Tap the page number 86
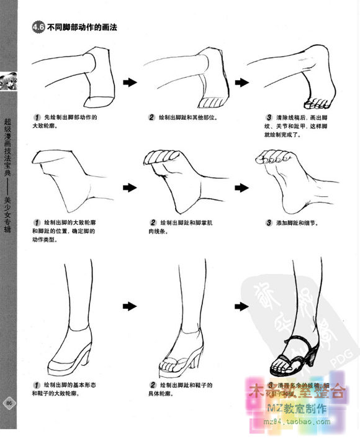pyautogui.click(x=9, y=403)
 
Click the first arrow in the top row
pyautogui.click(x=129, y=82)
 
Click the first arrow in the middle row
pyautogui.click(x=129, y=186)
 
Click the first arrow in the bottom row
pyautogui.click(x=129, y=306)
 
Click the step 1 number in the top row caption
pyautogui.click(x=38, y=117)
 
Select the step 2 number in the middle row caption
pyautogui.click(x=153, y=222)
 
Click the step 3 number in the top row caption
pyautogui.click(x=268, y=117)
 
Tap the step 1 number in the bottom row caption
pyautogui.click(x=38, y=385)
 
